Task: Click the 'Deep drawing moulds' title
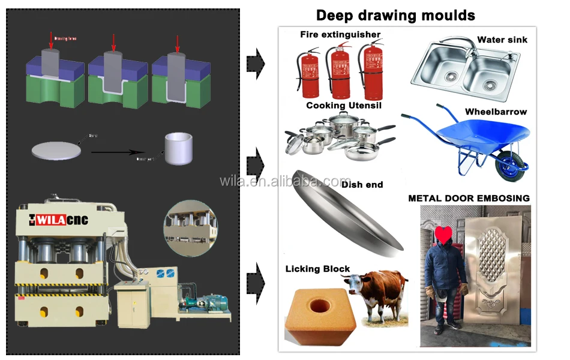pos(395,15)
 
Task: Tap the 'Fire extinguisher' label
pos(340,35)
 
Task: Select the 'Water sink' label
pos(502,40)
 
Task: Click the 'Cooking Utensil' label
pos(344,106)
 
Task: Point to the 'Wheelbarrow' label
pos(496,112)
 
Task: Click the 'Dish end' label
pos(362,185)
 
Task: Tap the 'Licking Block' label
pos(317,268)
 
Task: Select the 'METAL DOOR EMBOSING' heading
pos(469,198)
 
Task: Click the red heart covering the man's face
pos(443,235)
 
